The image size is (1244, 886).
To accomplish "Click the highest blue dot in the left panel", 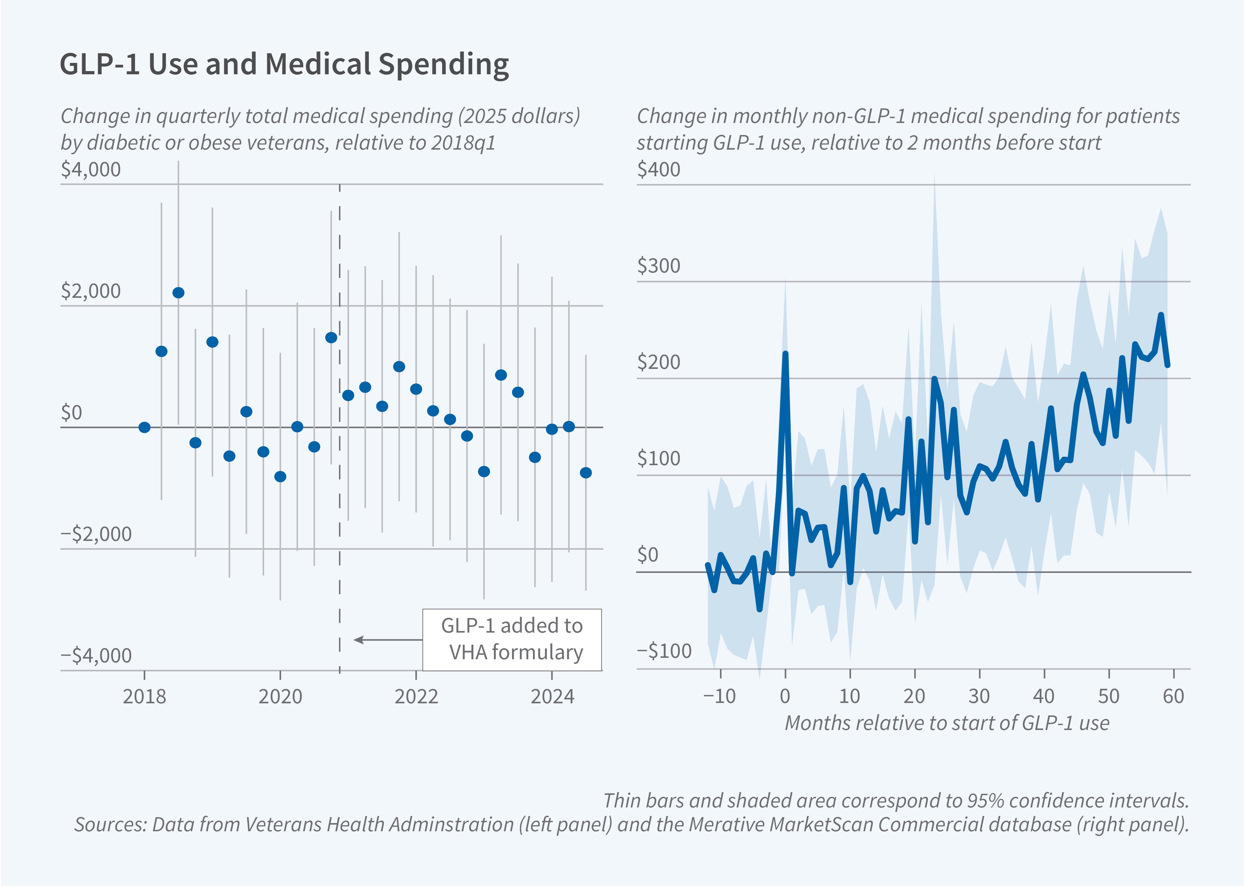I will click(x=178, y=293).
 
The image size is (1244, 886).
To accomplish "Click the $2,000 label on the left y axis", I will click(x=91, y=291).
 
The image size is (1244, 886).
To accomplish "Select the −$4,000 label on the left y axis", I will click(x=96, y=655).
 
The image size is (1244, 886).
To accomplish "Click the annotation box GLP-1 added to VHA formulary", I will click(x=512, y=639).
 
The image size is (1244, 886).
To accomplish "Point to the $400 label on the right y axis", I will click(x=658, y=170).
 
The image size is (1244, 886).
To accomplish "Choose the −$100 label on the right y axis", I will click(x=664, y=651).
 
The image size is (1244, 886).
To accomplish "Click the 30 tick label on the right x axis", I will click(x=979, y=697).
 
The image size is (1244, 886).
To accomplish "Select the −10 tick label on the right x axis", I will click(x=719, y=697).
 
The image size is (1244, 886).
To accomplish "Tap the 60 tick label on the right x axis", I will click(x=1173, y=697).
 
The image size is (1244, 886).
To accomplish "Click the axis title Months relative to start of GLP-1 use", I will click(x=947, y=723).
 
